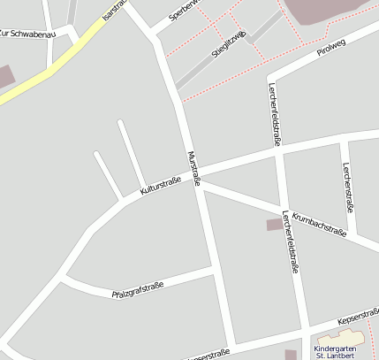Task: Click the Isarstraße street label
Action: pos(114,11)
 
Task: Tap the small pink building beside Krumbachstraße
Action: pos(275,225)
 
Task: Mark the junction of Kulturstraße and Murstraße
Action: pos(195,172)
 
